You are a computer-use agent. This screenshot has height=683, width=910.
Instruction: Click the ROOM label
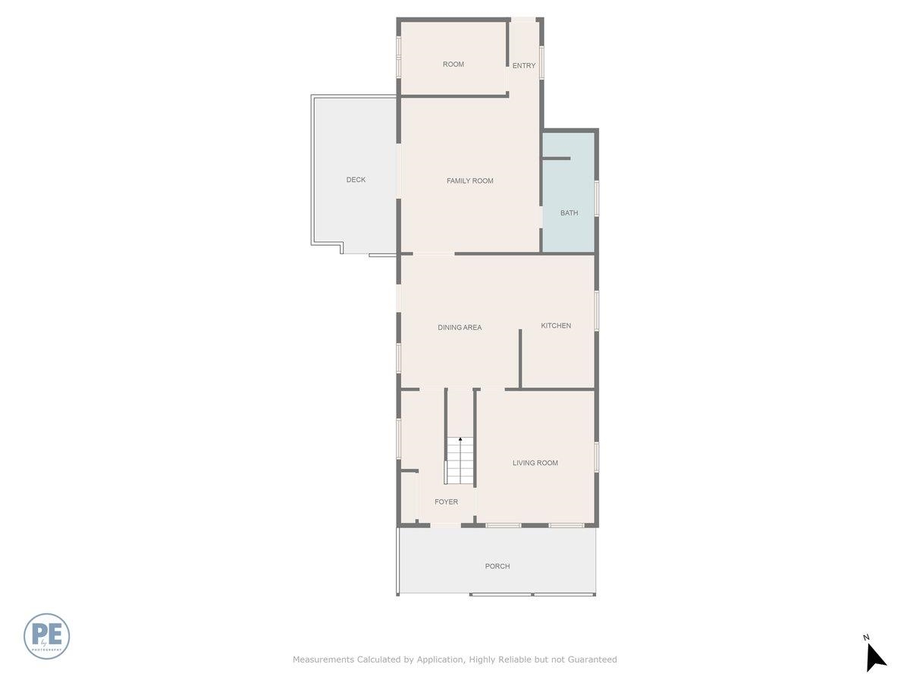(453, 65)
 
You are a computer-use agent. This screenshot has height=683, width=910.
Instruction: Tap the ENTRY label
(524, 66)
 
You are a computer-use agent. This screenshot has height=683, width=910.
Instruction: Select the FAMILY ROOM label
(470, 181)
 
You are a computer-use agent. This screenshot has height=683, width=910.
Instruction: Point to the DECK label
(356, 180)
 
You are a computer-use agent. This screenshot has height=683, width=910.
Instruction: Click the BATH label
(569, 213)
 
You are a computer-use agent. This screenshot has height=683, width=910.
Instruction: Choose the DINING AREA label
(460, 328)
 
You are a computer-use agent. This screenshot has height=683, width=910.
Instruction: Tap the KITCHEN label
(556, 326)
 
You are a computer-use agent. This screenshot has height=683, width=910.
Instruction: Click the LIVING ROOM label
(535, 463)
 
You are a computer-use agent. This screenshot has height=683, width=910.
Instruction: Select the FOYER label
(446, 502)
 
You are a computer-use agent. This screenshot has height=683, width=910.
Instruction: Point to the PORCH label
(497, 566)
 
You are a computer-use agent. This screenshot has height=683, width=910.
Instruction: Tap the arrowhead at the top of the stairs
(460, 439)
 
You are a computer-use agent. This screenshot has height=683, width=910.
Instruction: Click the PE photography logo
(47, 636)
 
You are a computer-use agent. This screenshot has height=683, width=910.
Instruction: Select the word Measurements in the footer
(323, 659)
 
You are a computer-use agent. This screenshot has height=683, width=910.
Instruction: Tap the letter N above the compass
(866, 637)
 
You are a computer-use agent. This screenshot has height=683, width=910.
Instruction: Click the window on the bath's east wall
(597, 197)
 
